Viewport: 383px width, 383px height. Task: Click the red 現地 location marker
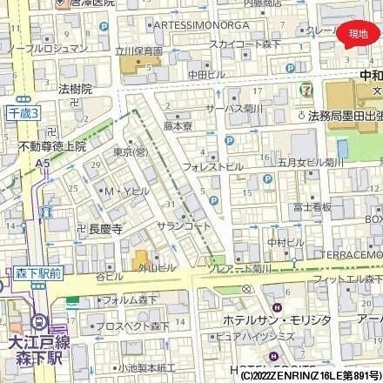click(x=358, y=33)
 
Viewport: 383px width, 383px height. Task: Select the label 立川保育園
click(x=140, y=52)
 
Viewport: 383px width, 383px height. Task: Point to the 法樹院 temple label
click(x=76, y=89)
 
